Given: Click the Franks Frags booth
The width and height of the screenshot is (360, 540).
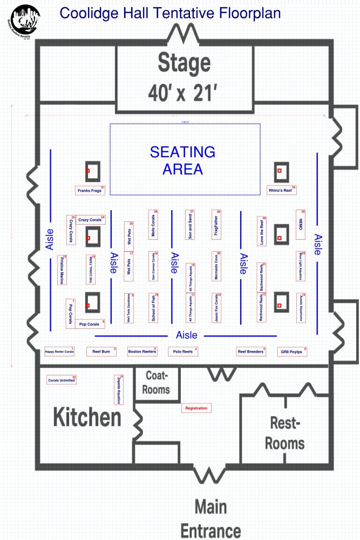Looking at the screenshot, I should [x=90, y=190].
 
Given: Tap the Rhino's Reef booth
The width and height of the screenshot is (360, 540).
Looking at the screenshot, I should [x=283, y=190].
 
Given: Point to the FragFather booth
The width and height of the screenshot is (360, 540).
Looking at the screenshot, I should [x=216, y=224].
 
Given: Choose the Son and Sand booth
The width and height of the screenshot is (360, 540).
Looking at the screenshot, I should [x=189, y=224].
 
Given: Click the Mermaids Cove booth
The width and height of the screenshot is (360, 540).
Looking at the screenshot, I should [x=216, y=265].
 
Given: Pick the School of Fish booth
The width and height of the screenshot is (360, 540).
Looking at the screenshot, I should [x=154, y=308].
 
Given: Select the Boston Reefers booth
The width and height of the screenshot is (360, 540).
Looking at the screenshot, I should [x=142, y=352].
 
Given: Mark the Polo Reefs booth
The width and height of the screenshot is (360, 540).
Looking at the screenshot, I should [x=183, y=352].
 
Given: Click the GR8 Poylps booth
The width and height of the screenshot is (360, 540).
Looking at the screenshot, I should [x=292, y=352].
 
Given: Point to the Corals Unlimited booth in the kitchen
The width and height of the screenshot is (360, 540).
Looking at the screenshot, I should [x=62, y=380].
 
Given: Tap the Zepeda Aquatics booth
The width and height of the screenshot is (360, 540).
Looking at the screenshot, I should [x=119, y=389].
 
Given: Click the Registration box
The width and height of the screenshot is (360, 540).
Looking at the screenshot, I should [x=196, y=408].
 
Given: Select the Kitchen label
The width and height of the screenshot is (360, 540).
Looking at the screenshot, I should [x=87, y=418].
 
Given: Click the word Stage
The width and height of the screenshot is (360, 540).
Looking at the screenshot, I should [x=184, y=64].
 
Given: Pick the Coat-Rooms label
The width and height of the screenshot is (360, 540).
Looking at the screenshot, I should [x=156, y=382].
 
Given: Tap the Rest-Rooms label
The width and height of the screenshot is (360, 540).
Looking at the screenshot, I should [x=284, y=434].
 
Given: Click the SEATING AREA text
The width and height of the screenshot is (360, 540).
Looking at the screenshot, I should [x=182, y=160].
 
